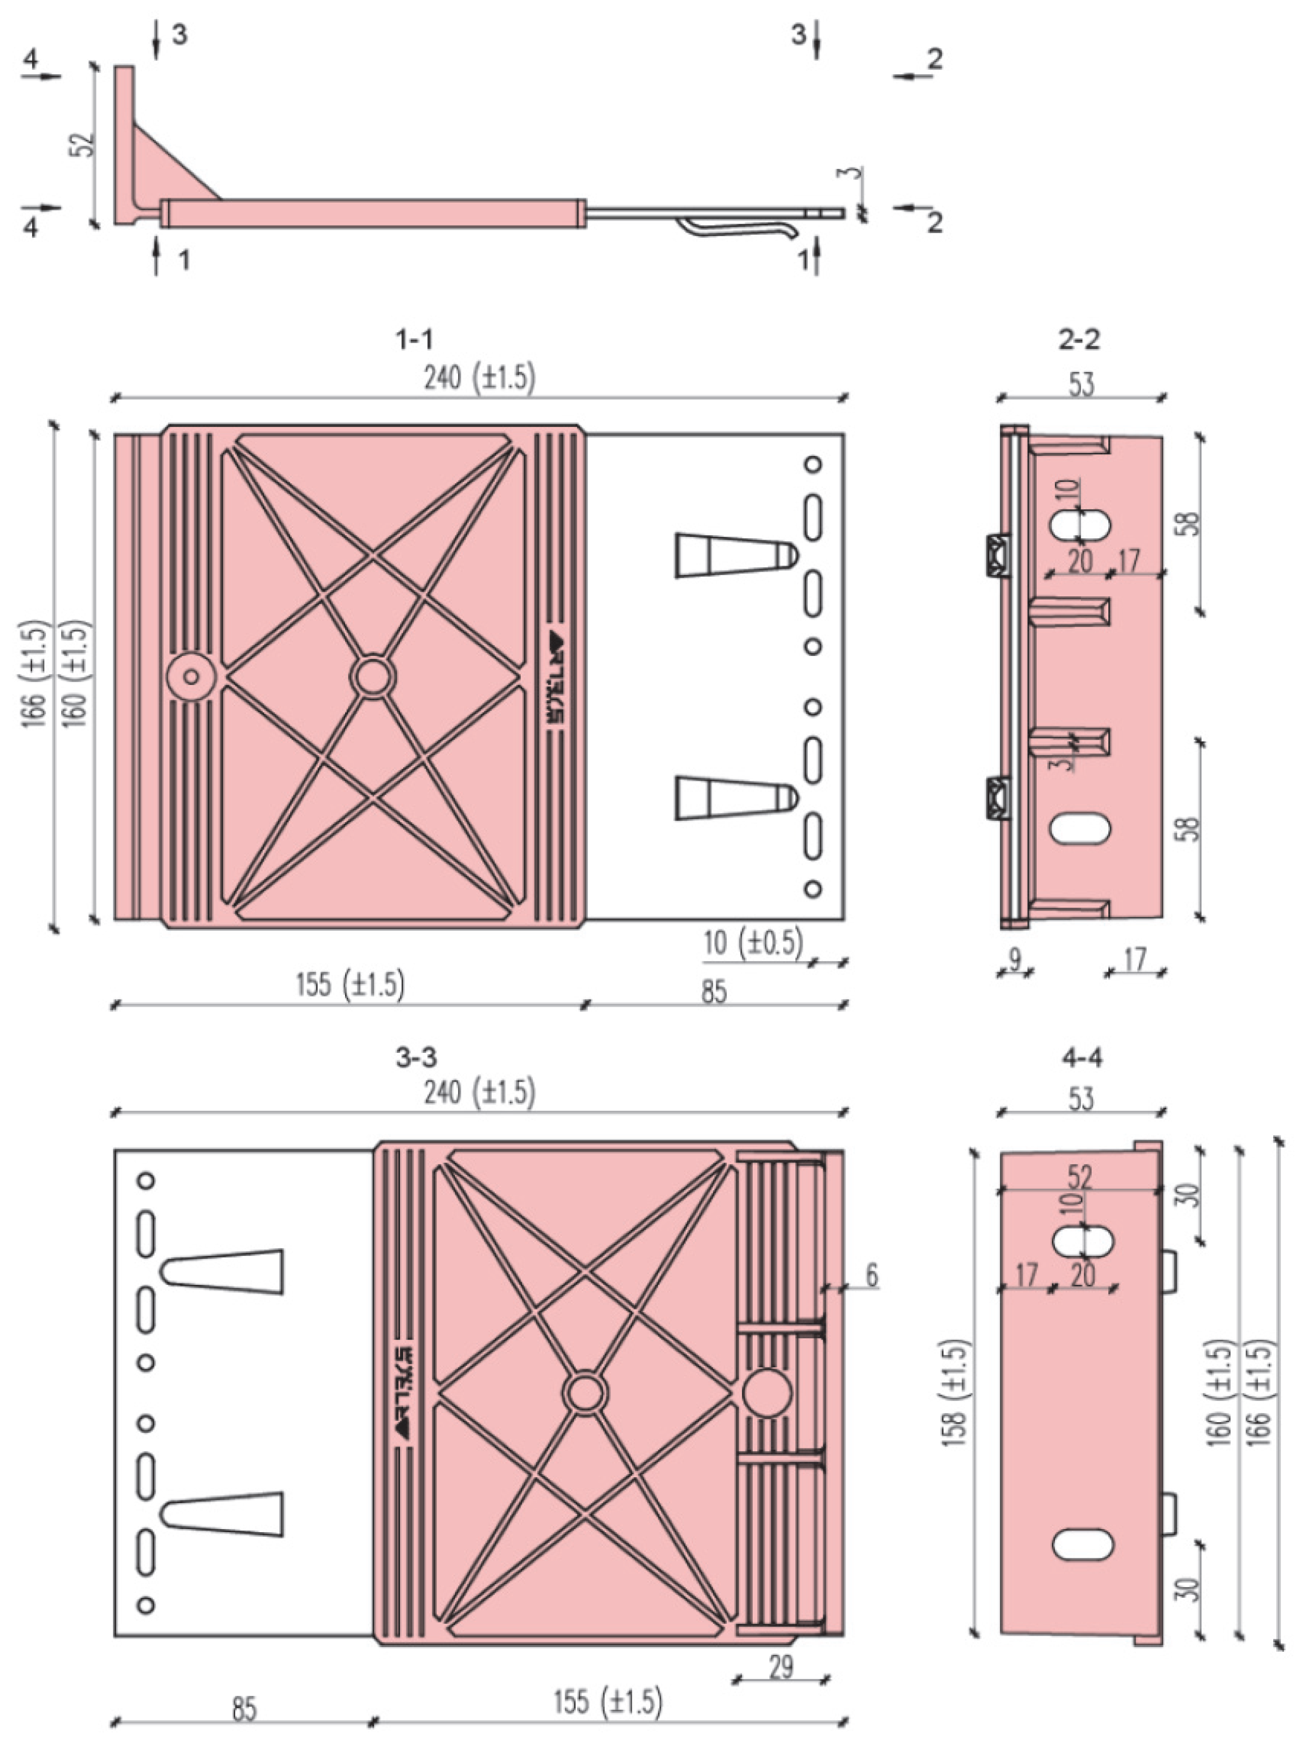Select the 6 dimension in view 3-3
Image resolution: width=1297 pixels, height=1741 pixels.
click(x=871, y=1275)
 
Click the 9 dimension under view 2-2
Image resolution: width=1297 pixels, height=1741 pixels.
click(x=1014, y=959)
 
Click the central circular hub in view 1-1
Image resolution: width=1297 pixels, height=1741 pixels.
click(x=373, y=676)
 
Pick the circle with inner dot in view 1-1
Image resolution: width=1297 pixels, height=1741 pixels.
click(x=191, y=676)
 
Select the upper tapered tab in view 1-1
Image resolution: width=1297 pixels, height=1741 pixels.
click(x=734, y=556)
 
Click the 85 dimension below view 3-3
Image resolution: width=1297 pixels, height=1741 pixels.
click(x=244, y=1708)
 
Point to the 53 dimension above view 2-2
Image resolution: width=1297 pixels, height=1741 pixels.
click(x=1081, y=384)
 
